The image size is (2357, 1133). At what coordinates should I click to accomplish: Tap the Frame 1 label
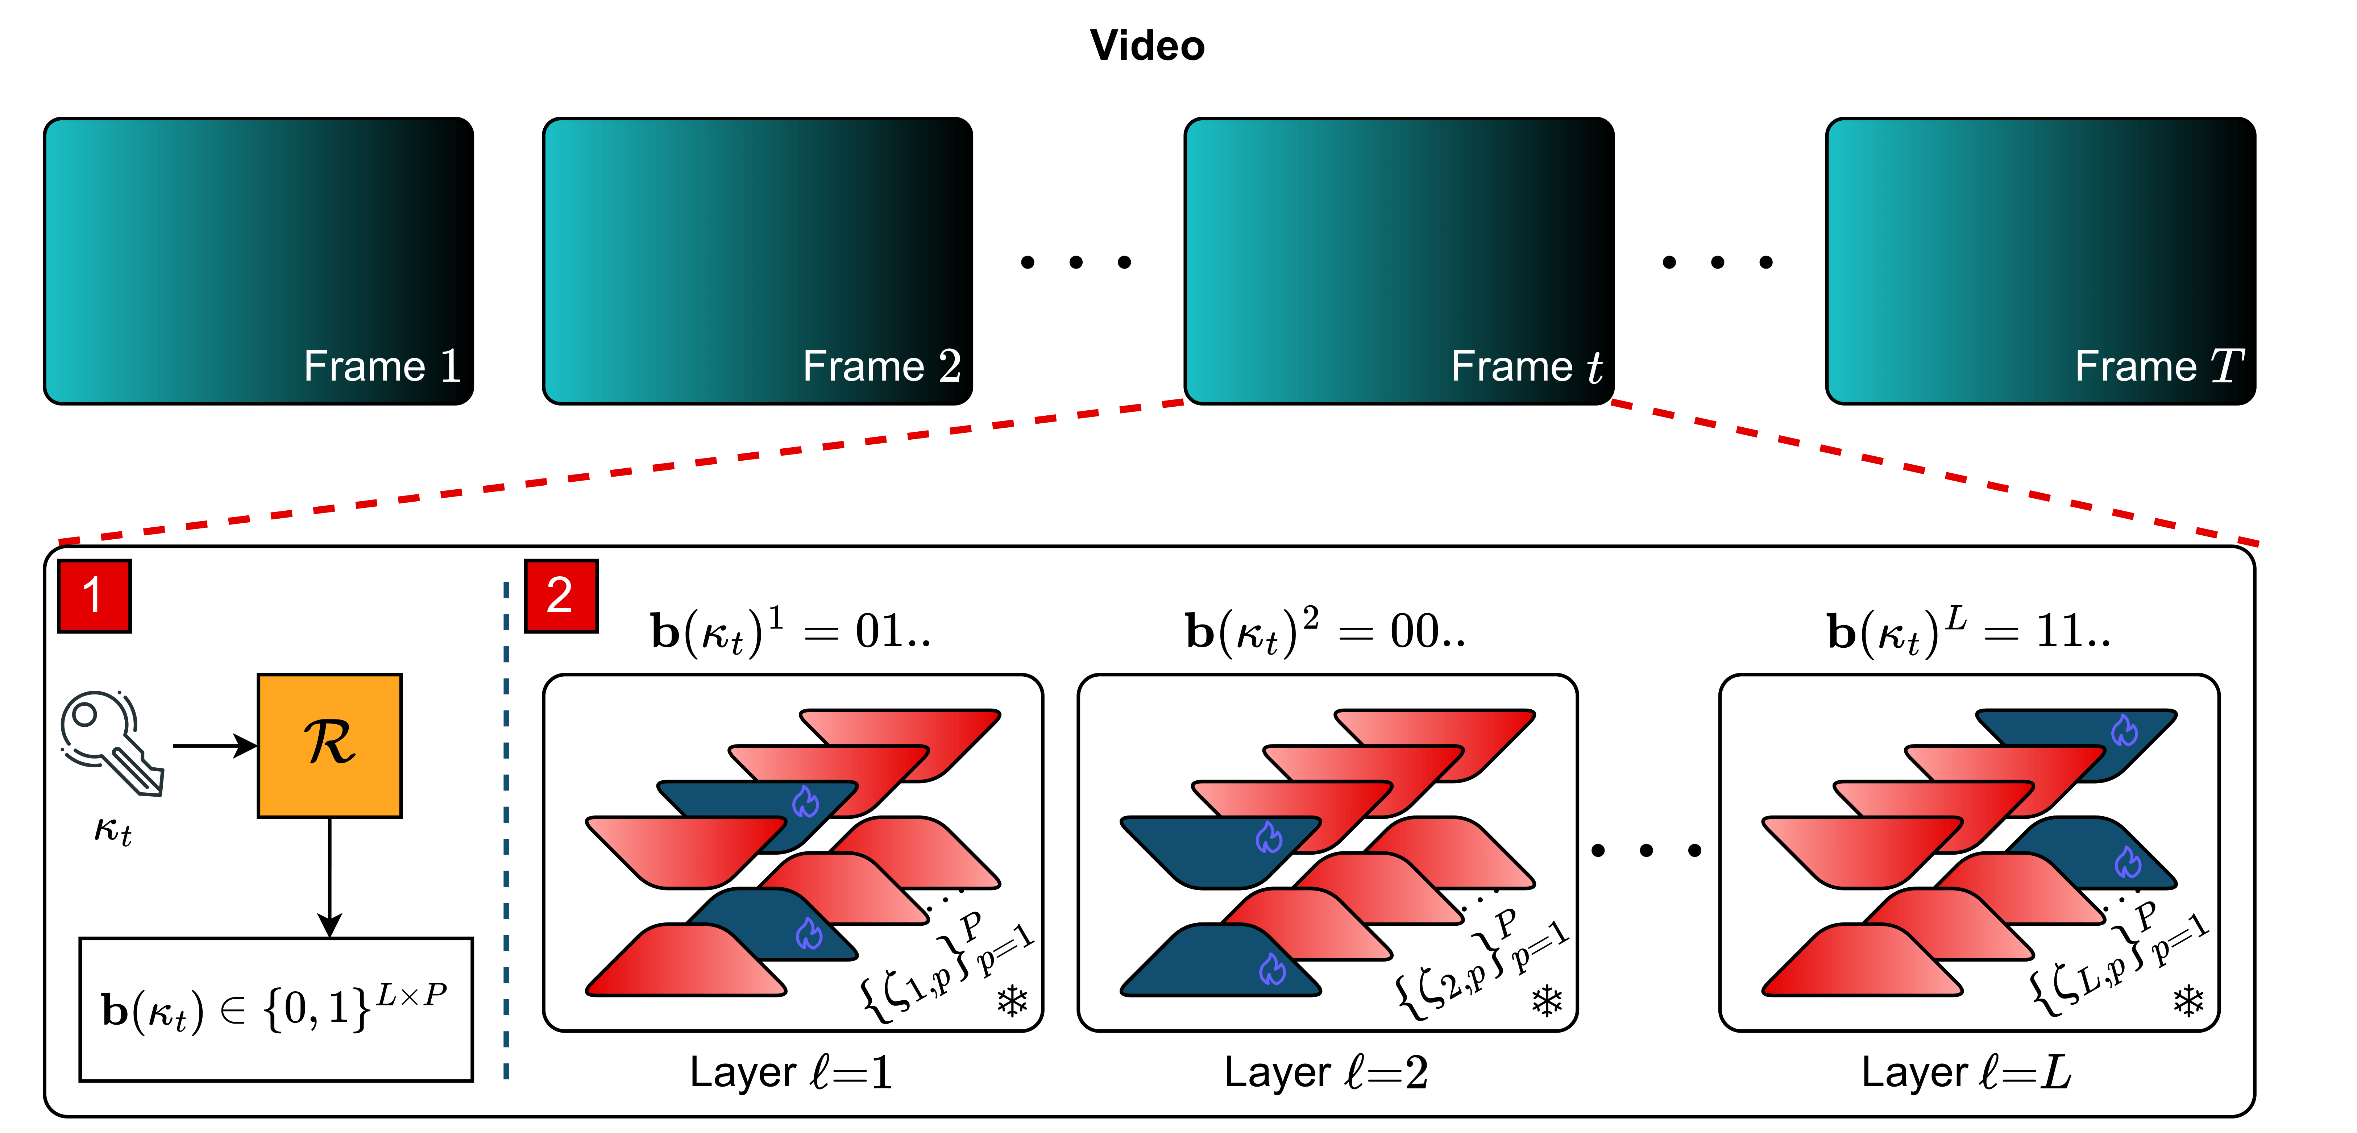pyautogui.click(x=382, y=366)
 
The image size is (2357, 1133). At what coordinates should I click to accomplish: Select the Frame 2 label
pyautogui.click(x=881, y=366)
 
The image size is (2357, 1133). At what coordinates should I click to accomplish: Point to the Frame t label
pyautogui.click(x=1526, y=366)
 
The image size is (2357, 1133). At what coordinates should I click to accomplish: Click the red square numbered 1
pyautogui.click(x=94, y=596)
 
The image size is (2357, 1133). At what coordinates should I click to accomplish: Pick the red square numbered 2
pyautogui.click(x=561, y=596)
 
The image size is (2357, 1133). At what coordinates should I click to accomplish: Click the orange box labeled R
pyautogui.click(x=329, y=745)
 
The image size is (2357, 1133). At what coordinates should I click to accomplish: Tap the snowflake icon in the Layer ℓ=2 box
pyautogui.click(x=1546, y=1001)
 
